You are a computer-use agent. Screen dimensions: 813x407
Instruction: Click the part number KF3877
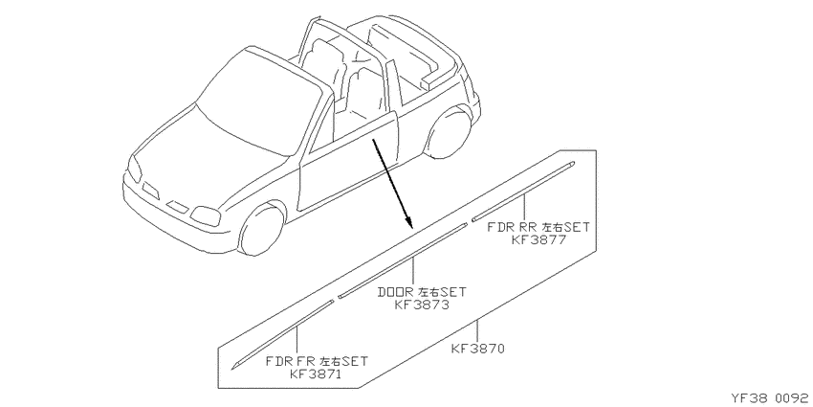pyautogui.click(x=538, y=239)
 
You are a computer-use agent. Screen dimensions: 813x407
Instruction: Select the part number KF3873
pyautogui.click(x=422, y=305)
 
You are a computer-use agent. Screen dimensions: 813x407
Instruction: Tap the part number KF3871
pyautogui.click(x=316, y=373)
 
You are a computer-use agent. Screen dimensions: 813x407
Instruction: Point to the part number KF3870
pyautogui.click(x=477, y=349)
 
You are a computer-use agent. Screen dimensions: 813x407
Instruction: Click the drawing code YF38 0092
pyautogui.click(x=772, y=398)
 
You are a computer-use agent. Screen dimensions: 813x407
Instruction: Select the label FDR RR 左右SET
pyautogui.click(x=538, y=227)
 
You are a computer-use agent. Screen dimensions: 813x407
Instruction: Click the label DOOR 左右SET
pyautogui.click(x=422, y=292)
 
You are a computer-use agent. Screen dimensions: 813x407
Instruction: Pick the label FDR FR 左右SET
pyautogui.click(x=317, y=361)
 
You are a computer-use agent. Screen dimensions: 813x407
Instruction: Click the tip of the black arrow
pyautogui.click(x=412, y=228)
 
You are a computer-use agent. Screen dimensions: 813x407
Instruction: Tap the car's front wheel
pyautogui.click(x=262, y=230)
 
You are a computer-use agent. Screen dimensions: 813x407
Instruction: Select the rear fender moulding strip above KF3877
pyautogui.click(x=523, y=191)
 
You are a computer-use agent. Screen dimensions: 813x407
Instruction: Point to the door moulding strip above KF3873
pyautogui.click(x=403, y=261)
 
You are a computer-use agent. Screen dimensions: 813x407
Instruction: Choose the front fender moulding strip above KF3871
pyautogui.click(x=282, y=335)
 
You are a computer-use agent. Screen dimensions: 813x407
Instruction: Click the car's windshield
pyautogui.click(x=264, y=102)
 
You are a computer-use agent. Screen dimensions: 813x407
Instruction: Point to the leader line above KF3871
pyautogui.click(x=297, y=341)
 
